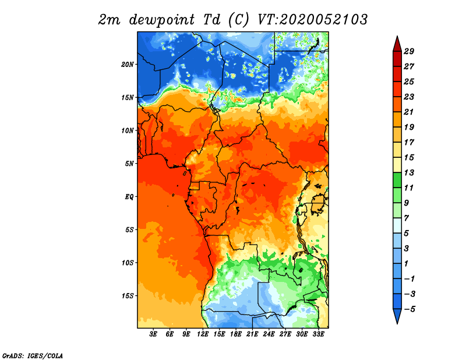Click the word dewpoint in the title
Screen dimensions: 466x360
tap(162, 20)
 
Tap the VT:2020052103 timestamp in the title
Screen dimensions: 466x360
tap(312, 20)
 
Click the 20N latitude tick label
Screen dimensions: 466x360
tap(128, 64)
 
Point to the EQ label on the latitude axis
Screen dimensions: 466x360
tap(129, 197)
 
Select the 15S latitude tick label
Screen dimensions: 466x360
tap(128, 296)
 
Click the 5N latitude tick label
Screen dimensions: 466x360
tap(129, 164)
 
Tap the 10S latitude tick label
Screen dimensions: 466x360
tap(128, 263)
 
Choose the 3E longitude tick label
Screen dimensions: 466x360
tap(153, 334)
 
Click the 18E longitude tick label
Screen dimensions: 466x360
tap(236, 334)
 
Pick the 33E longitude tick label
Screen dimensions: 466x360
tap(318, 334)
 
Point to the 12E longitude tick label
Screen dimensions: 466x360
tap(203, 334)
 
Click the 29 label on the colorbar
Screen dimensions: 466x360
tap(409, 51)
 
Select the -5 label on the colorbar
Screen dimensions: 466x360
tap(409, 309)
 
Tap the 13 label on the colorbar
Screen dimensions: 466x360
tap(409, 172)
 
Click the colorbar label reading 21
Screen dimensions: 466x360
tap(409, 112)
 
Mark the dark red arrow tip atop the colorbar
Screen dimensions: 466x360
tap(397, 36)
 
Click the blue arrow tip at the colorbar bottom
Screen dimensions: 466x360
tap(397, 323)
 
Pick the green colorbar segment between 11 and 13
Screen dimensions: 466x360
tap(397, 180)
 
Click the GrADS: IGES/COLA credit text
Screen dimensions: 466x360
tap(33, 355)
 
